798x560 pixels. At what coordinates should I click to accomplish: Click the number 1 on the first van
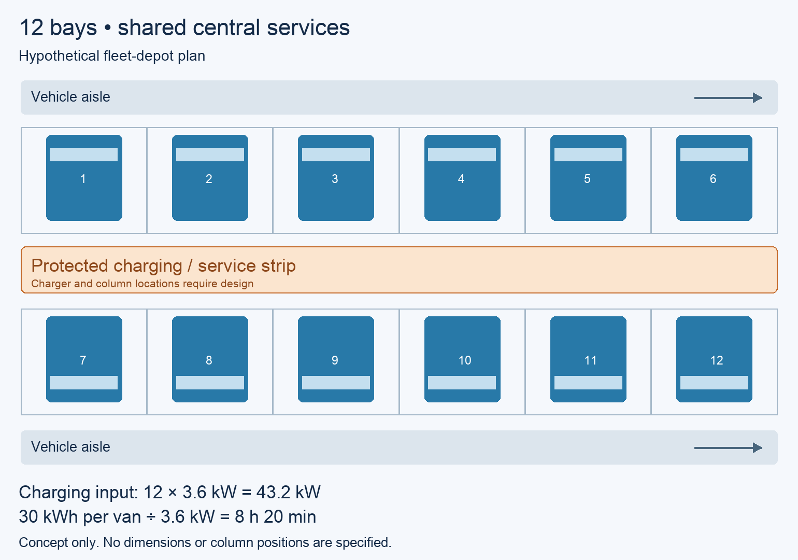[x=83, y=178]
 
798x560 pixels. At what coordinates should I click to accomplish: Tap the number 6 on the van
[x=713, y=178]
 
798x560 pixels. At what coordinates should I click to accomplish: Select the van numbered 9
[x=336, y=359]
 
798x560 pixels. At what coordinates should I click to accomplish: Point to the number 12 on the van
[x=717, y=360]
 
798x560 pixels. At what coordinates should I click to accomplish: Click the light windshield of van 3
[x=336, y=155]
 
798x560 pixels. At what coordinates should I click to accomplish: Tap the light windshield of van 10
[x=462, y=383]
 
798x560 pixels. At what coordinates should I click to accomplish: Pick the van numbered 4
[x=462, y=177]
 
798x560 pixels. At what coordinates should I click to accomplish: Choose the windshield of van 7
[x=84, y=383]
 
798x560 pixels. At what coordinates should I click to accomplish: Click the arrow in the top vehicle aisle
[x=728, y=97]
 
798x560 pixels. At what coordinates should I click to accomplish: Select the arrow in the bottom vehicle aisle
[x=728, y=447]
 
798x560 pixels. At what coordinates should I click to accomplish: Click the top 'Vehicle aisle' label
[x=70, y=96]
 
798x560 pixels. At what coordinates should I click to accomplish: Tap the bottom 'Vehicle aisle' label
[x=70, y=446]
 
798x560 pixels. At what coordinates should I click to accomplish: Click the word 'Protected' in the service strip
[x=69, y=265]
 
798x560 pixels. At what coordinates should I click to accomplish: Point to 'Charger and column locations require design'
[x=142, y=284]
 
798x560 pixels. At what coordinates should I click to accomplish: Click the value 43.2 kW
[x=288, y=492]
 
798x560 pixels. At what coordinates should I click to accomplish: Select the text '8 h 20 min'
[x=275, y=517]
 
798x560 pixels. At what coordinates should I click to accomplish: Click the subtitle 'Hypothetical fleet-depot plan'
[x=112, y=56]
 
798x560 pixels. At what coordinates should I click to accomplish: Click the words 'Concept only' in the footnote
[x=59, y=542]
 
